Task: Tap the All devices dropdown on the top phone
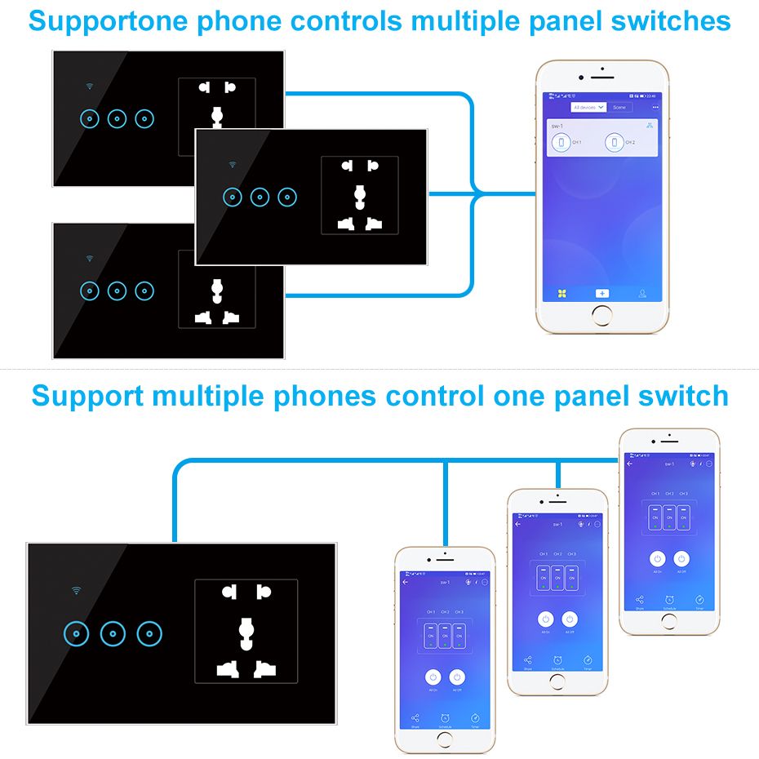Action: point(588,107)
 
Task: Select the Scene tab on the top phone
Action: point(619,107)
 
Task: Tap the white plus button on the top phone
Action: point(601,292)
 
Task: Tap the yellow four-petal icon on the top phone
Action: point(561,292)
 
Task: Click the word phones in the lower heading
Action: point(326,396)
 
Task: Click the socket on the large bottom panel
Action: point(246,631)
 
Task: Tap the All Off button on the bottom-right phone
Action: point(681,559)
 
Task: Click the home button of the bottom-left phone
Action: point(445,739)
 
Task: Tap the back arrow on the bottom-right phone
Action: point(629,464)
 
